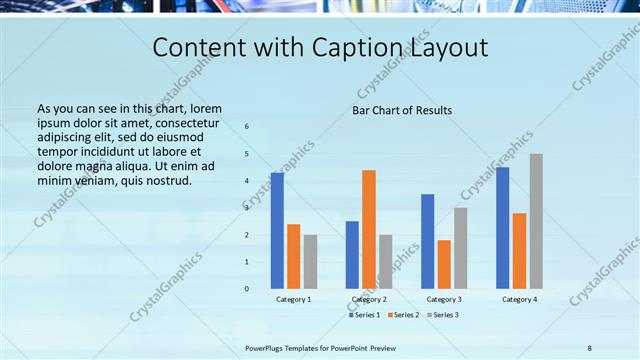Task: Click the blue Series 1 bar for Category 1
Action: pyautogui.click(x=277, y=231)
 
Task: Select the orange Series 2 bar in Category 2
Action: pyautogui.click(x=369, y=229)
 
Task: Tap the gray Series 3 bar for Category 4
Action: pyautogui.click(x=536, y=221)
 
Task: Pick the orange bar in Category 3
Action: pyautogui.click(x=444, y=264)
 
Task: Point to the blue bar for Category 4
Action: pyautogui.click(x=502, y=228)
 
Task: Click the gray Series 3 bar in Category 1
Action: pyautogui.click(x=310, y=262)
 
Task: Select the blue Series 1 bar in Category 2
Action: pyautogui.click(x=352, y=254)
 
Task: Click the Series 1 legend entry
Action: pyautogui.click(x=364, y=315)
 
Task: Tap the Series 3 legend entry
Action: pyautogui.click(x=442, y=315)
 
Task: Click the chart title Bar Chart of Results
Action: pyautogui.click(x=402, y=110)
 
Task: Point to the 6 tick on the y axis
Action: pyautogui.click(x=247, y=127)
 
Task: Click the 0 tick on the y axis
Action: pyautogui.click(x=247, y=289)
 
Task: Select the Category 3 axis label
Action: pyautogui.click(x=444, y=299)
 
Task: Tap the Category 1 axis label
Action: pyautogui.click(x=294, y=299)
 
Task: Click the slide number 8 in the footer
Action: pyautogui.click(x=589, y=347)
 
